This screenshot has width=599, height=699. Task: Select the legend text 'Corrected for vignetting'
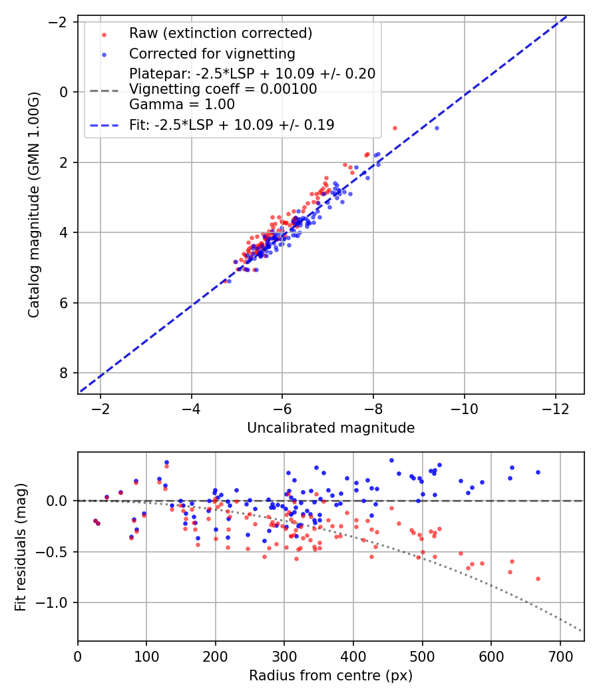click(212, 53)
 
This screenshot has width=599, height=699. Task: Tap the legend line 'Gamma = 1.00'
click(182, 104)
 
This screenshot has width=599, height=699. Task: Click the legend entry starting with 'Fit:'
click(232, 124)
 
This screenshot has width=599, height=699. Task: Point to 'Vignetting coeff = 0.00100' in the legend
click(223, 89)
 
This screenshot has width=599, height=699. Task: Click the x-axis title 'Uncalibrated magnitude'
click(331, 428)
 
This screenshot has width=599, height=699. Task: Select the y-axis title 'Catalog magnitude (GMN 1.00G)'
click(34, 204)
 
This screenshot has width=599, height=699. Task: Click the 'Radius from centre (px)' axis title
click(331, 676)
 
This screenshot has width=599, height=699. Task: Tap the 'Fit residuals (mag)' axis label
click(21, 547)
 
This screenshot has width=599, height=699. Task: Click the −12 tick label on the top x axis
click(555, 407)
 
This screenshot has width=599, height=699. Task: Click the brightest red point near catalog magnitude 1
click(395, 128)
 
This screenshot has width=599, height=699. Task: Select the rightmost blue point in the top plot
click(437, 128)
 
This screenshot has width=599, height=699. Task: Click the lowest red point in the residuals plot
click(538, 579)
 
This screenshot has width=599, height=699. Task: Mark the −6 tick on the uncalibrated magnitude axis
click(282, 407)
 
